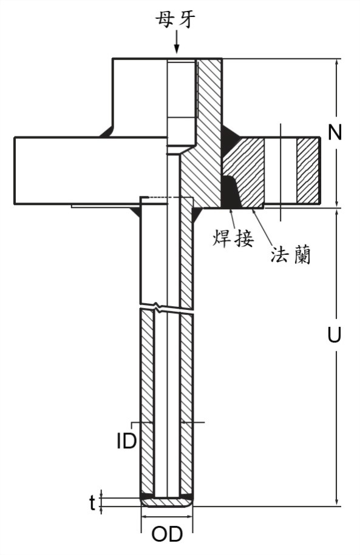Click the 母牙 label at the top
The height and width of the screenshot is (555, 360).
click(x=176, y=20)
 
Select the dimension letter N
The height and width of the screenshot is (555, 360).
click(x=335, y=133)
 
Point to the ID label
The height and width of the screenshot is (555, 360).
click(x=126, y=441)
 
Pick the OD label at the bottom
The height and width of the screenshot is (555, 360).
click(x=167, y=534)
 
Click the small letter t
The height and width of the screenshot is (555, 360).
click(x=92, y=503)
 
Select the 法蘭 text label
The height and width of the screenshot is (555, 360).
click(x=291, y=255)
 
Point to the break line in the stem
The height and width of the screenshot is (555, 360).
click(x=166, y=306)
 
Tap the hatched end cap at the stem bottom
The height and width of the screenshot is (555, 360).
click(x=167, y=502)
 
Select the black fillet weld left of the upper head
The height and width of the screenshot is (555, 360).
click(x=106, y=132)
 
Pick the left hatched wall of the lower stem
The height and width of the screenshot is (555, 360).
click(x=148, y=402)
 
